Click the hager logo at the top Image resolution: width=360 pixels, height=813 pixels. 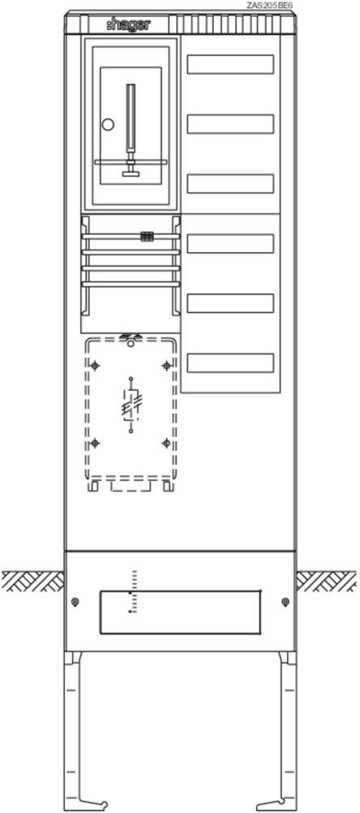coord(129,24)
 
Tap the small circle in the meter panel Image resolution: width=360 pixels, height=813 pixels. coord(108,124)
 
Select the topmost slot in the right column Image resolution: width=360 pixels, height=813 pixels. coord(230,64)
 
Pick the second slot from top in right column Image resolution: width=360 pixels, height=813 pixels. coord(230,124)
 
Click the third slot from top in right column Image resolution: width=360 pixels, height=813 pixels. coord(230,184)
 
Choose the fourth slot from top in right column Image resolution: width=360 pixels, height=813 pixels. coord(230,243)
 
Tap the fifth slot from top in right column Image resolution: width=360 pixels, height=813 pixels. coord(230,303)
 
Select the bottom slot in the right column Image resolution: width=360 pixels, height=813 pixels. coord(230,363)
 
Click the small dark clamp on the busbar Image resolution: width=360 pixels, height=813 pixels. coord(146,237)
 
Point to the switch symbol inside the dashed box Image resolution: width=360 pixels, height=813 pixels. coord(131,404)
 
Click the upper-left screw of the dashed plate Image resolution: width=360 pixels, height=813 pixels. coord(95,366)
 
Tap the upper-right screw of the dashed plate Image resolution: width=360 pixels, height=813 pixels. coord(167,366)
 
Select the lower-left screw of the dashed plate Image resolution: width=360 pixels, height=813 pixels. coord(95,443)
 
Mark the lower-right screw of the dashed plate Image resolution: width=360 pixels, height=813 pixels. coord(167,443)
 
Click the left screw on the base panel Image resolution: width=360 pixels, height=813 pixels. coord(76,602)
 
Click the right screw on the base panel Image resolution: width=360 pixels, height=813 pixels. coord(285,602)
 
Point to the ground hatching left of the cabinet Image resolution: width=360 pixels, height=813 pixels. coord(33,581)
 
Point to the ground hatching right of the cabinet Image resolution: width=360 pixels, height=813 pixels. coord(327,581)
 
